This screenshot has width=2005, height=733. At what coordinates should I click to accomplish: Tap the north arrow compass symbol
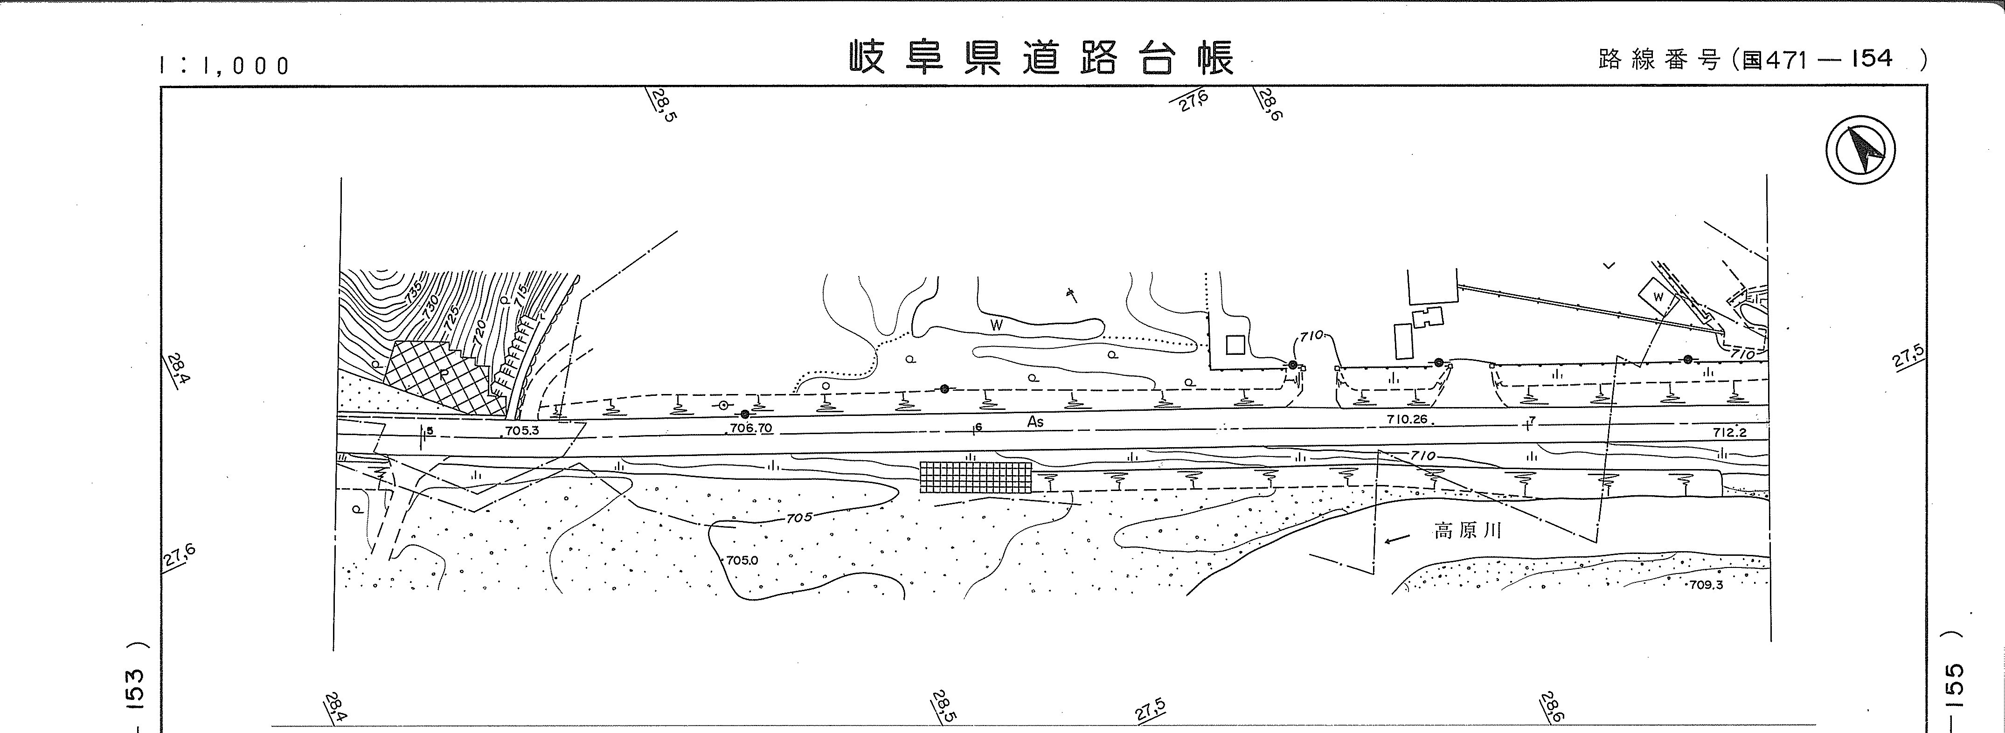coord(1860,150)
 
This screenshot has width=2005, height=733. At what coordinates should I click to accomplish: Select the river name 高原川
coord(1467,532)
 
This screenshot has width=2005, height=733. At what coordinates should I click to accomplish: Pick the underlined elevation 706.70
coord(750,428)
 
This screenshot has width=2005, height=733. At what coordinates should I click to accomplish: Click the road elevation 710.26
coord(1407,419)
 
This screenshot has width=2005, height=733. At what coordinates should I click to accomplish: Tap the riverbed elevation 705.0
coord(742,560)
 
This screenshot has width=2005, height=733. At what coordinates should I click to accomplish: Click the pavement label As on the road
coord(1035,422)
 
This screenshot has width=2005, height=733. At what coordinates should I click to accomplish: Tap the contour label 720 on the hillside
coord(479,333)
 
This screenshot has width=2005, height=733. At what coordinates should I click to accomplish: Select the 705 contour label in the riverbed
coord(798,518)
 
